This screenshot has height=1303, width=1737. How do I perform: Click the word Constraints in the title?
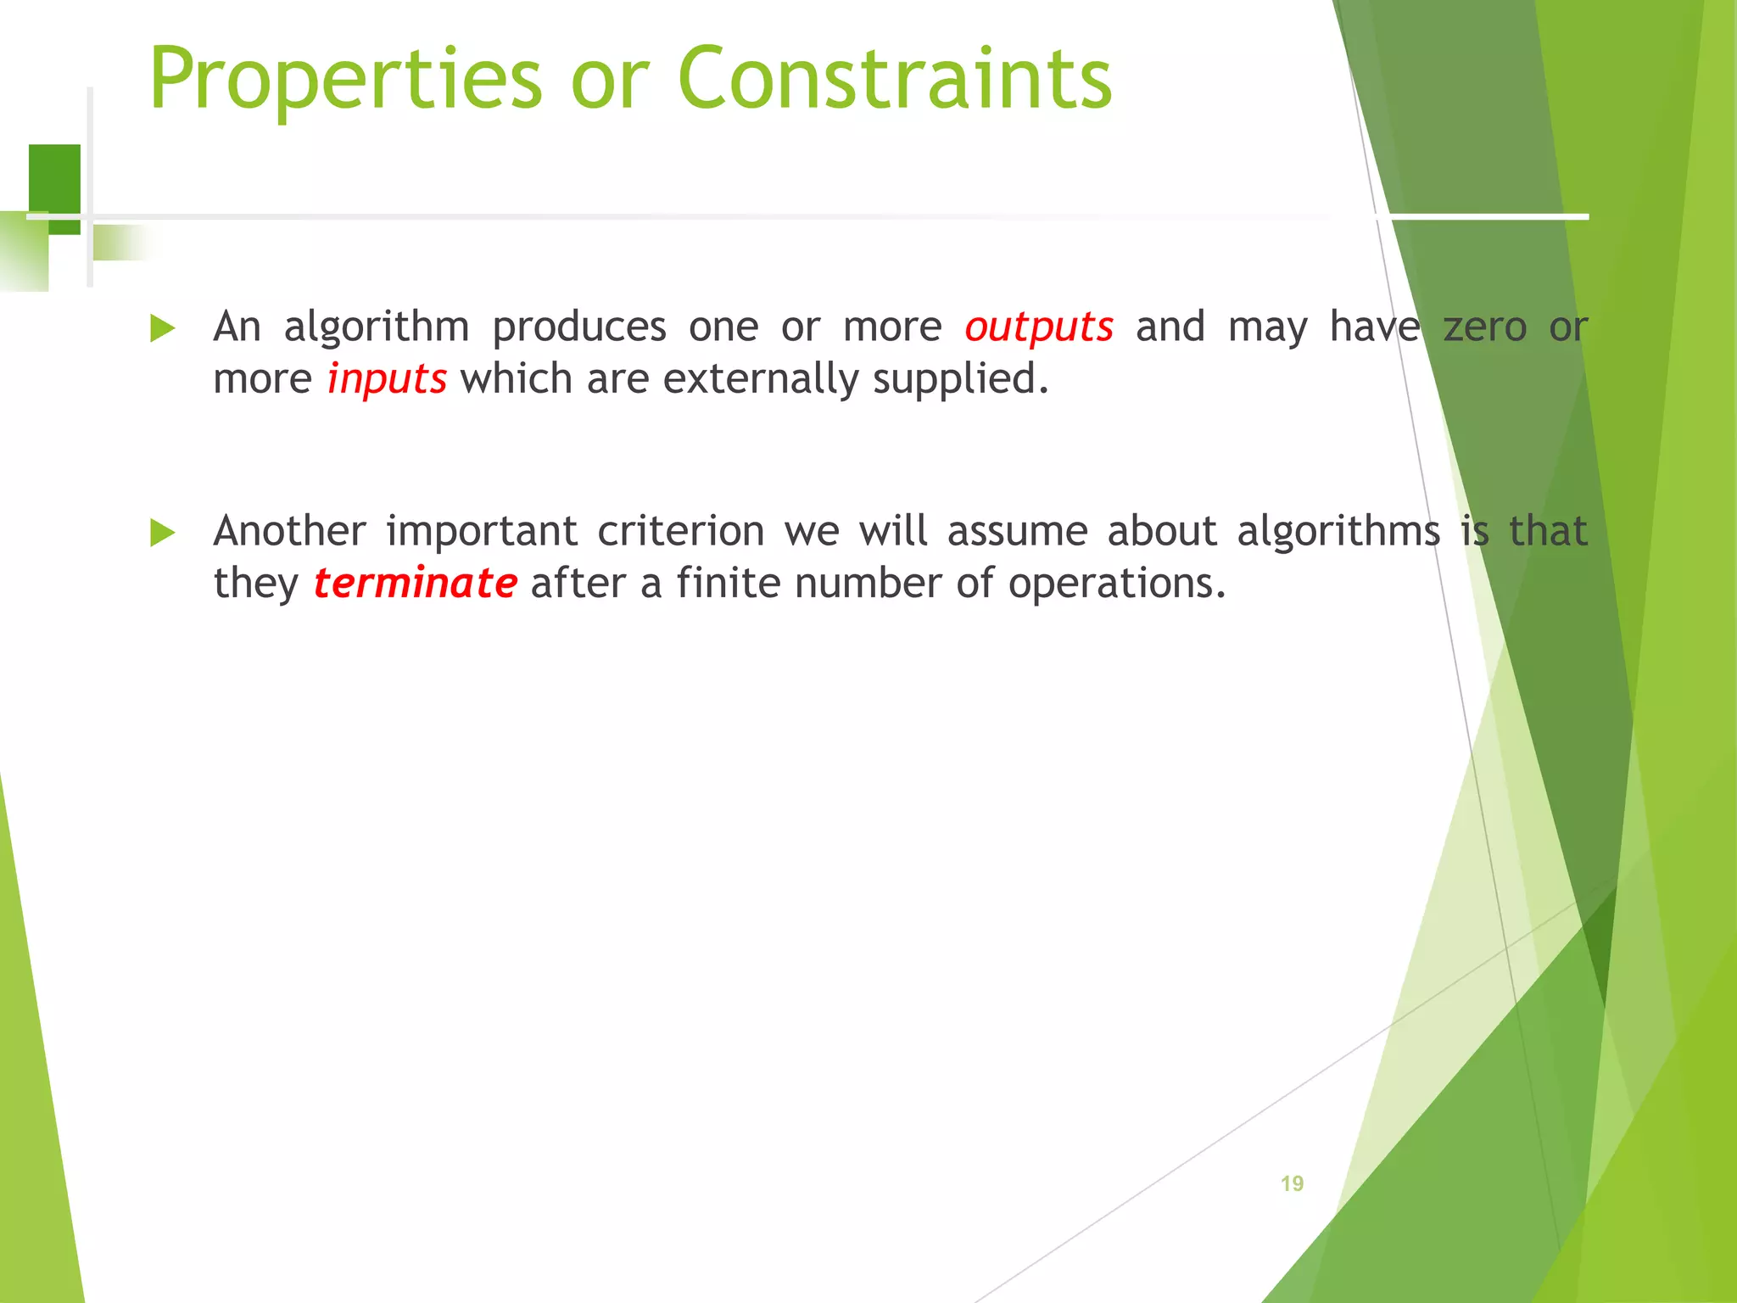[894, 79]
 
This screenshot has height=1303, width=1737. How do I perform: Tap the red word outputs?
[1038, 327]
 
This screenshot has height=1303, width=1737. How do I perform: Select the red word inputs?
[387, 379]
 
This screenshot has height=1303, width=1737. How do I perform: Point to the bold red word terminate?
[415, 584]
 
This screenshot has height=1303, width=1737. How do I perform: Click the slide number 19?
[1292, 1183]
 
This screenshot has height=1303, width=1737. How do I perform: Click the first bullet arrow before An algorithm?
[162, 328]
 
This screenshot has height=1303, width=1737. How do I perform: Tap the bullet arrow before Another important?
[162, 534]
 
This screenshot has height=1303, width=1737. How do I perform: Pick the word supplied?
[960, 379]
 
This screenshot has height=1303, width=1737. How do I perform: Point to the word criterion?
[681, 532]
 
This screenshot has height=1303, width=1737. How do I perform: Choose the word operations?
[1116, 584]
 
